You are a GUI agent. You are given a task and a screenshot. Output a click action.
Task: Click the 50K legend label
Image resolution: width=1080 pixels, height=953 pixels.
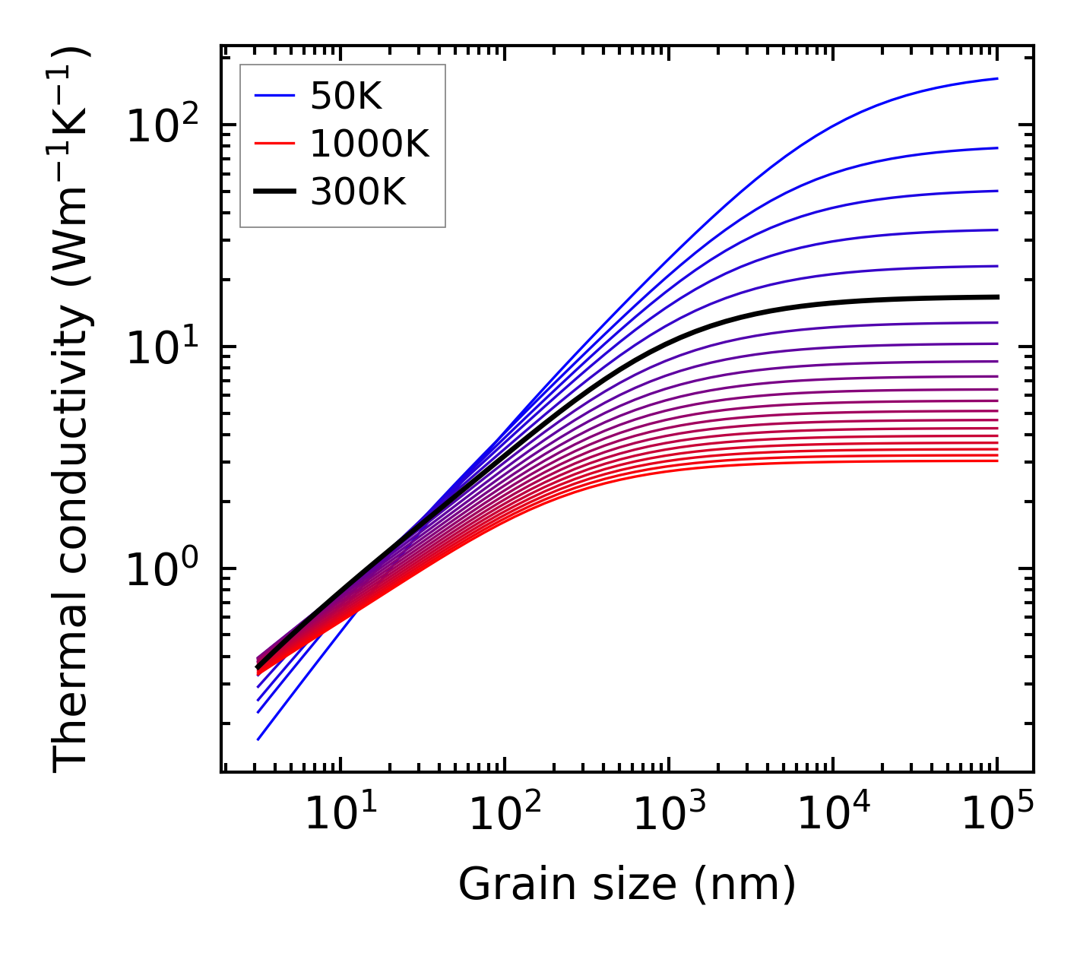click(346, 96)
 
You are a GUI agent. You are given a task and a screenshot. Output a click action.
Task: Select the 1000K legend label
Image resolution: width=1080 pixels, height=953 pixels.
click(369, 144)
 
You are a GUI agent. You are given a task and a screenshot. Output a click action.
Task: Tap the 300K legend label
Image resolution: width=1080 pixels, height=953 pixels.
click(358, 193)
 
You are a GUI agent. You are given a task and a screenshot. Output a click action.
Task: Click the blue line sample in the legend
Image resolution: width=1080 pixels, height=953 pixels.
click(274, 96)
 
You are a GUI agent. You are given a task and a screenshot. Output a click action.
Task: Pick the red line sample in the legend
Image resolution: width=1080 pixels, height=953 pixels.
click(274, 144)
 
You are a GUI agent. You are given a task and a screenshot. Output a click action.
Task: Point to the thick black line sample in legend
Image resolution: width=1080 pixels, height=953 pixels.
click(274, 193)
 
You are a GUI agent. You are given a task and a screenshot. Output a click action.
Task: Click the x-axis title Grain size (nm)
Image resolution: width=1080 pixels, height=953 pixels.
click(627, 885)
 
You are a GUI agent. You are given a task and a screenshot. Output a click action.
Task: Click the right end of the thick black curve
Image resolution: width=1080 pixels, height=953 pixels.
click(997, 296)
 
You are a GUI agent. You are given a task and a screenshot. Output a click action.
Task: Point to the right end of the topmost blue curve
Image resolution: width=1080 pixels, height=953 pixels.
click(997, 78)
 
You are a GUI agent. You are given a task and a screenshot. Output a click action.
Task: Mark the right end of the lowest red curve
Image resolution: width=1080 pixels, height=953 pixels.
click(997, 461)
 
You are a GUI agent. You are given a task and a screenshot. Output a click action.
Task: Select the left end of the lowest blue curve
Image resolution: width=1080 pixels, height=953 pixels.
click(258, 739)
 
